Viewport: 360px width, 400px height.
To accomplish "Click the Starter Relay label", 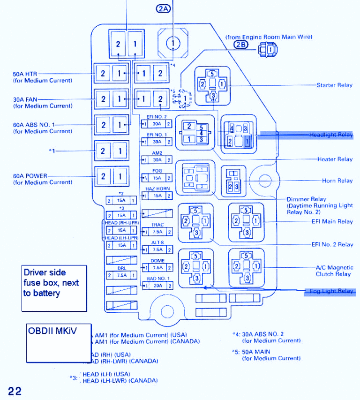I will (x=334, y=85).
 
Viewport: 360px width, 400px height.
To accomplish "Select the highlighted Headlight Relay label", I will (x=330, y=135).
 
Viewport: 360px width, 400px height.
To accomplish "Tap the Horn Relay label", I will (x=337, y=181).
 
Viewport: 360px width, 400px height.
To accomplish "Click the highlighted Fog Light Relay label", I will (x=331, y=291).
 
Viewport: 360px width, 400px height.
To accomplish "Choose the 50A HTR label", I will (x=25, y=74).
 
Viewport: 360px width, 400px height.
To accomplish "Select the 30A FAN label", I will (x=25, y=99).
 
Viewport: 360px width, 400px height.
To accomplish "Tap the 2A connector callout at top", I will (x=163, y=8).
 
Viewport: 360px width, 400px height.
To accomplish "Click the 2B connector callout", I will (x=240, y=45).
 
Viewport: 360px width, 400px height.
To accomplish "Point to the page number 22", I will (x=15, y=391).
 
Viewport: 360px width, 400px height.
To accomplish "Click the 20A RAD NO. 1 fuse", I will (x=157, y=286).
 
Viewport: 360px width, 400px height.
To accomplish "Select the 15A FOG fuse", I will (x=157, y=178).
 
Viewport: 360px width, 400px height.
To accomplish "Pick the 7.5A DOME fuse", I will (x=157, y=268).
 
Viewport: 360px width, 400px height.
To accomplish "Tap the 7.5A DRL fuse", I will (x=121, y=275).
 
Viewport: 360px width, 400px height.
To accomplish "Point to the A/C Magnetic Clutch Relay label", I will (x=334, y=271).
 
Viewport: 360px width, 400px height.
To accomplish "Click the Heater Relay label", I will (x=335, y=159).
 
